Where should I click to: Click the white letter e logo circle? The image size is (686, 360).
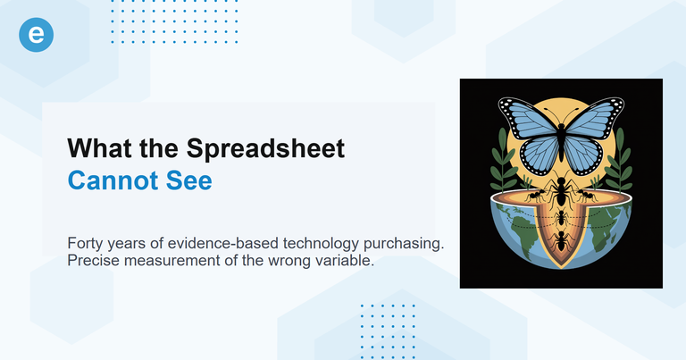click(x=36, y=34)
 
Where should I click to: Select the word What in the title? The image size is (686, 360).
click(x=102, y=147)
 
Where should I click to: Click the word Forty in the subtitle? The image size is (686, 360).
click(x=86, y=244)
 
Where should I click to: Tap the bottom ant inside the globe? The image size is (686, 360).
click(x=561, y=239)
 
